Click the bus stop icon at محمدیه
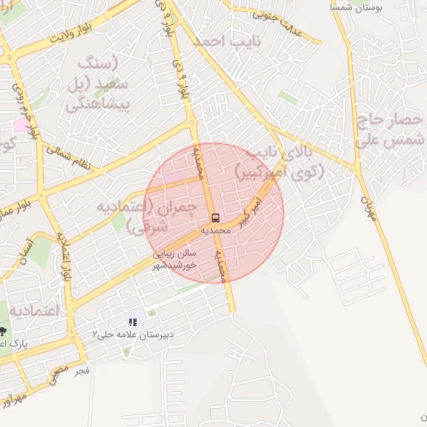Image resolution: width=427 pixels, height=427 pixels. (x=216, y=218)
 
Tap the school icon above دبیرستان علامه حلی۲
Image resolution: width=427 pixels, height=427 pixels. (x=133, y=322)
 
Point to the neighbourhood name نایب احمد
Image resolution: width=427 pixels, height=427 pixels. (x=226, y=40)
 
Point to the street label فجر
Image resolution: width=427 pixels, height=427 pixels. (x=80, y=368)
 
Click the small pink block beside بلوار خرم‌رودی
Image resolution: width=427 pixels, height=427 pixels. (x=18, y=124)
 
